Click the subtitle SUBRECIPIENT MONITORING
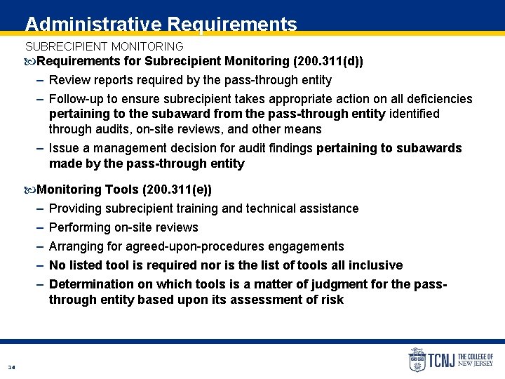click(x=104, y=47)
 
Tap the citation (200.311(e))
click(x=177, y=189)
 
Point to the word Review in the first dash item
click(x=69, y=80)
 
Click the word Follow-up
click(x=79, y=99)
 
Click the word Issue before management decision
click(x=65, y=148)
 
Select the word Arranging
click(x=76, y=246)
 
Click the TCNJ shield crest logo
click(x=417, y=360)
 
